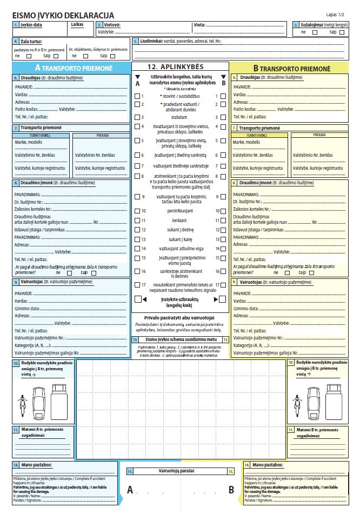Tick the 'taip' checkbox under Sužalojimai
342,32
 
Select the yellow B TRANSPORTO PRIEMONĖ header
291,69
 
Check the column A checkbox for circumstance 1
137,96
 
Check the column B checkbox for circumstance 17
223,285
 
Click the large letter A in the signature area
130,490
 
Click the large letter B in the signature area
231,490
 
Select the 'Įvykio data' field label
31,25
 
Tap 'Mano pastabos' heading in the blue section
38,464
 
